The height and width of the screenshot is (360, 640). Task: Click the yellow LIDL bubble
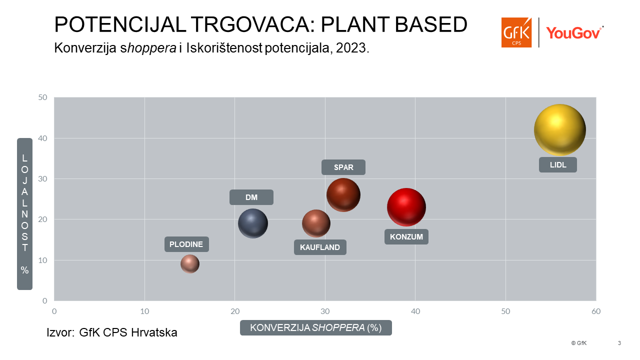[560, 130]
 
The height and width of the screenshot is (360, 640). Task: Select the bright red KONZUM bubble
[406, 207]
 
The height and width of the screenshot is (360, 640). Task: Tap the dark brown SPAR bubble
[343, 195]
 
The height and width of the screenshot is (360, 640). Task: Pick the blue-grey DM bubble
[253, 223]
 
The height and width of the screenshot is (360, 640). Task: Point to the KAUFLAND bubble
[316, 223]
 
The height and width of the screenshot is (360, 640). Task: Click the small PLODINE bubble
[190, 264]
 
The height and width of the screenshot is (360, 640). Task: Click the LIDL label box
[558, 165]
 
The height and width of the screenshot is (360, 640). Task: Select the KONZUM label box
[406, 237]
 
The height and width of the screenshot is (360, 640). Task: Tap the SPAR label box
[343, 167]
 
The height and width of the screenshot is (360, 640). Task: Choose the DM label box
[251, 197]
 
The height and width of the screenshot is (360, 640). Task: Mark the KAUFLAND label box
[320, 247]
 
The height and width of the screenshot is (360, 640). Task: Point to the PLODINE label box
[186, 244]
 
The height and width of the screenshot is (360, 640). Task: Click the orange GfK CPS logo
[516, 32]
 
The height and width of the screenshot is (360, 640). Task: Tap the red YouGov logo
[574, 33]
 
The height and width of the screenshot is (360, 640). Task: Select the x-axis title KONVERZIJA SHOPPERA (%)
[316, 327]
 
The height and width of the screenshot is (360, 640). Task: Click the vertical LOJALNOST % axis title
[25, 214]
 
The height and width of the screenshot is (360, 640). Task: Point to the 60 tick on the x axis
[596, 311]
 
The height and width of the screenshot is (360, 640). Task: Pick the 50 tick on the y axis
[42, 97]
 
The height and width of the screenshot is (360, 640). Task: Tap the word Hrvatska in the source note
[154, 332]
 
